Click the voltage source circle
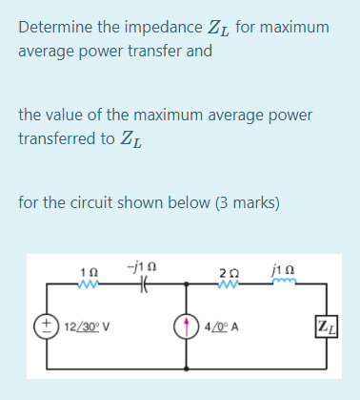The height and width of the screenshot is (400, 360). [47, 325]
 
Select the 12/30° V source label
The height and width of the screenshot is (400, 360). [87, 326]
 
